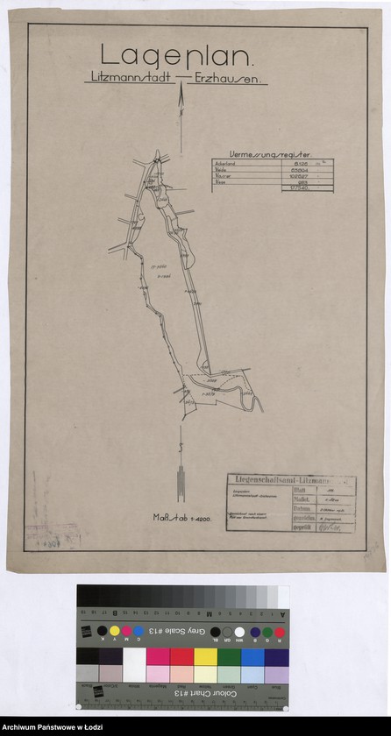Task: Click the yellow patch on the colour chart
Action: [x=204, y=656]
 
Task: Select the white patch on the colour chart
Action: [x=135, y=656]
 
